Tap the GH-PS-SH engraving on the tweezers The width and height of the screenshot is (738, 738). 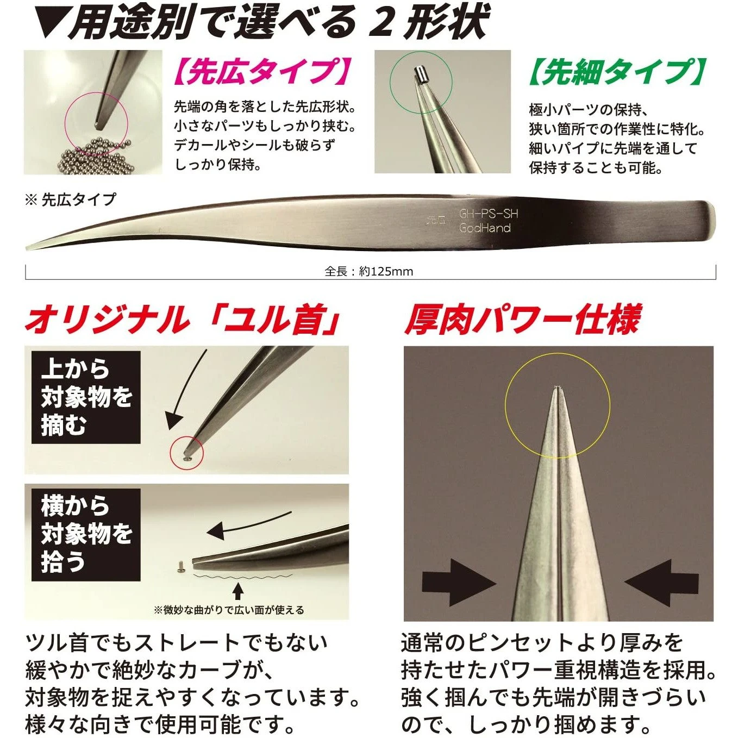[488, 214]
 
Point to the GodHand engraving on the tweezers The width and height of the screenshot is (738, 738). [485, 228]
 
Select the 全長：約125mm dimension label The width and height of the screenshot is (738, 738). [369, 271]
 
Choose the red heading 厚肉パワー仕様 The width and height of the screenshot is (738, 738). [522, 320]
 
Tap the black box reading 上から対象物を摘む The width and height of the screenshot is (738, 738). [86, 397]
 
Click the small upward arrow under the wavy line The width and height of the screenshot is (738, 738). [237, 590]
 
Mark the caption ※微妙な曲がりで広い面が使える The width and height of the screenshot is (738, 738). [229, 610]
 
